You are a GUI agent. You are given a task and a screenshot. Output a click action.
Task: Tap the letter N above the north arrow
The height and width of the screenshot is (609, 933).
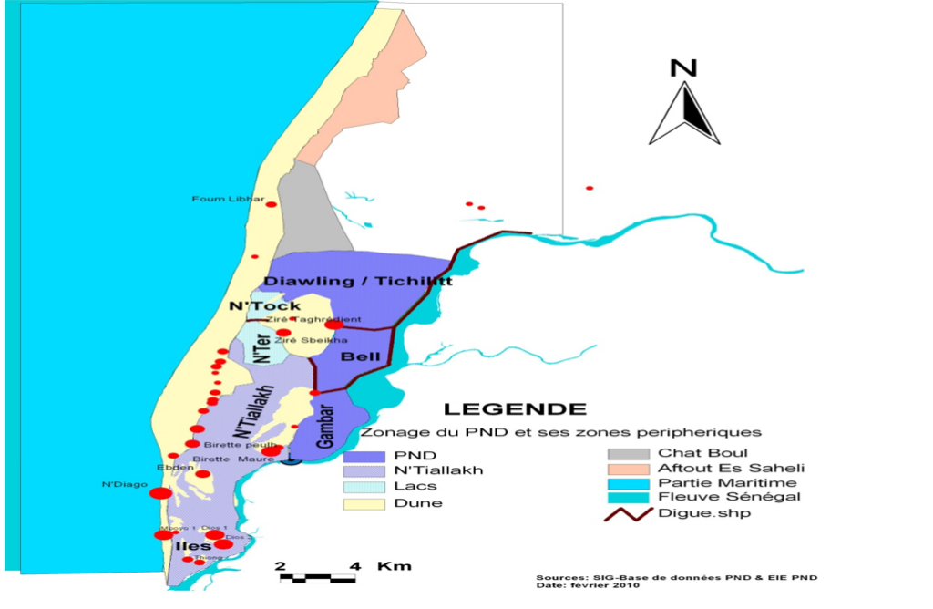click(x=683, y=67)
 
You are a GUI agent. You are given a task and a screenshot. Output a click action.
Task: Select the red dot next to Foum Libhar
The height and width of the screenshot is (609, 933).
click(x=271, y=204)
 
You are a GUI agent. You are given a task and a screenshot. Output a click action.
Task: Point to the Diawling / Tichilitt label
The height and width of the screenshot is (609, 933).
click(x=358, y=281)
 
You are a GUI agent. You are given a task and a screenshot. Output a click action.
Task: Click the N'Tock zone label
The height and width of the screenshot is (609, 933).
click(x=264, y=306)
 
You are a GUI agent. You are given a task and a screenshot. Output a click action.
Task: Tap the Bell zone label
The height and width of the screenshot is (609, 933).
click(x=354, y=357)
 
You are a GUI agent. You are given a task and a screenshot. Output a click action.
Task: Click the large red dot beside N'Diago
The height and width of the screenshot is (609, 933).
click(x=160, y=493)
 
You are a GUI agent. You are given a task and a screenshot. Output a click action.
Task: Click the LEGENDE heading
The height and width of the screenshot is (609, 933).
click(x=515, y=409)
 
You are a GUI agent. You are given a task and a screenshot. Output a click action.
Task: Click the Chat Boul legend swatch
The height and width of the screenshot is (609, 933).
click(x=628, y=453)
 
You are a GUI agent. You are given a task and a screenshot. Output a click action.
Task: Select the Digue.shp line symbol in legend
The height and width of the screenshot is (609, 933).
click(x=628, y=513)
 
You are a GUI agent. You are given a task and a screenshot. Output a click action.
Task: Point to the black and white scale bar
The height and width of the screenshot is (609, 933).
click(x=316, y=577)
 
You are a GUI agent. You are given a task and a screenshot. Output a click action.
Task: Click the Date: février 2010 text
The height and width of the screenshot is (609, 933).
click(x=588, y=585)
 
